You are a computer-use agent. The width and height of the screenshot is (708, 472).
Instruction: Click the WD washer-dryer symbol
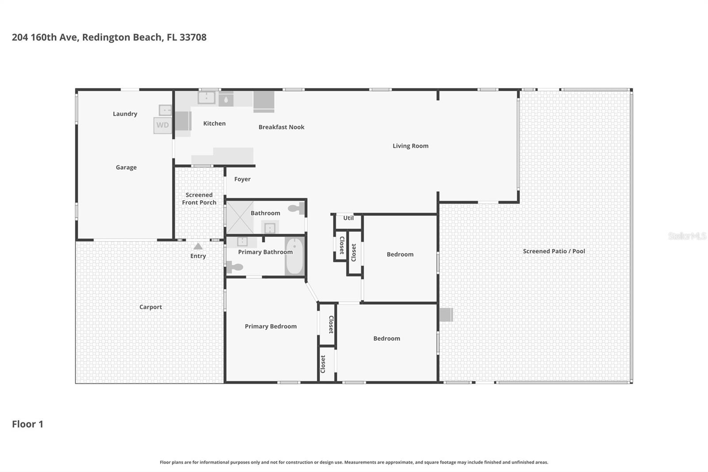click(162, 125)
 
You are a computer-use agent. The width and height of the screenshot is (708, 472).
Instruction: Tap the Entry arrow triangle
click(198, 247)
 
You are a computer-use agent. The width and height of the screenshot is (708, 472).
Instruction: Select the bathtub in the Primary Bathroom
click(294, 257)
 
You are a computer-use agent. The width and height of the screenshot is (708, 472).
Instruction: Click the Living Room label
click(410, 146)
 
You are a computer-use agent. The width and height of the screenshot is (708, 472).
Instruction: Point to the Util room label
click(348, 218)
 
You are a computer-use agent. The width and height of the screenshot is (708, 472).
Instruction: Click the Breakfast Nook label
click(281, 127)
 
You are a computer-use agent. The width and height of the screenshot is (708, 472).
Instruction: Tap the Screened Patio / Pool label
click(554, 251)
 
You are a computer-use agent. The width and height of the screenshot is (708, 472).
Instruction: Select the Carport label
click(150, 307)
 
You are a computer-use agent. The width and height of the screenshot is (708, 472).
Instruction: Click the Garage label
click(126, 167)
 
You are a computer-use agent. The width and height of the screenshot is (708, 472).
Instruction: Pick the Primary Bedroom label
click(270, 326)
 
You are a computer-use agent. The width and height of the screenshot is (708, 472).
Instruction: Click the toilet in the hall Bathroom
click(296, 208)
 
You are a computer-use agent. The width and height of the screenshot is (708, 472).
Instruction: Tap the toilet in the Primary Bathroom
click(235, 267)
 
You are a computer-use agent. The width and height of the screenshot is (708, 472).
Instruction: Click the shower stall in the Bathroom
click(239, 217)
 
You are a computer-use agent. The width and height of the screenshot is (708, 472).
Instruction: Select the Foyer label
click(242, 179)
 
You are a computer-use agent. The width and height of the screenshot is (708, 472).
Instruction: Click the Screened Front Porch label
click(199, 198)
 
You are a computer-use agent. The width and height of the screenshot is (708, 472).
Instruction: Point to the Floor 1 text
click(27, 424)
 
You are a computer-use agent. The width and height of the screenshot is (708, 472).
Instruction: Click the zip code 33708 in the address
click(193, 37)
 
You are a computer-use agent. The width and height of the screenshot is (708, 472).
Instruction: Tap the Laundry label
click(125, 114)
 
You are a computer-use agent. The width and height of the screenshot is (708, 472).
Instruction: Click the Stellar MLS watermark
click(686, 236)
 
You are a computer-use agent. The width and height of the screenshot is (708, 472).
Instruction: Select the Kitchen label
click(214, 124)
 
